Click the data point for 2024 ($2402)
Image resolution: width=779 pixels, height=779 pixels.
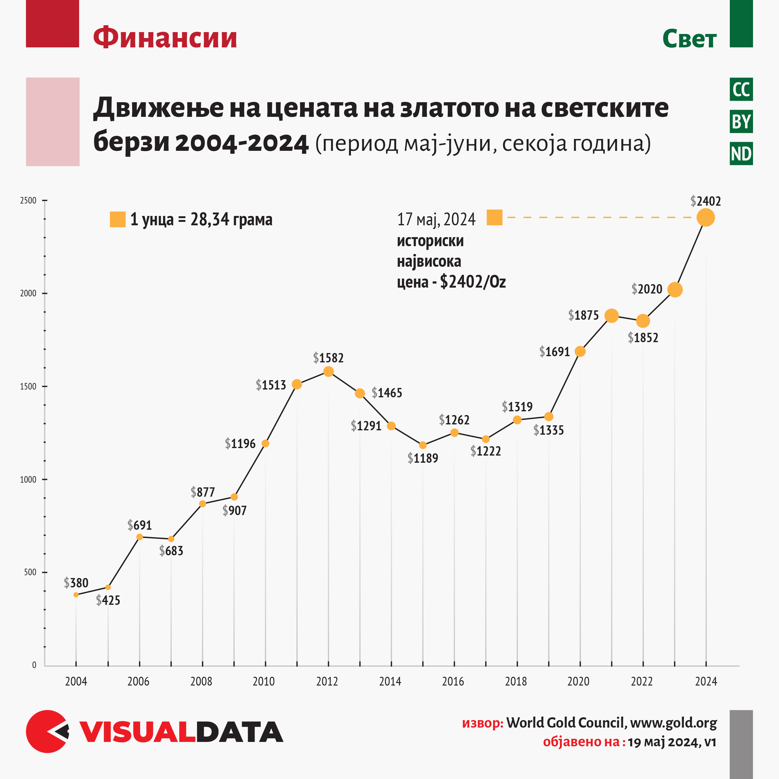(x=705, y=218)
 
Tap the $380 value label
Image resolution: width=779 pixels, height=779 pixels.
(x=76, y=583)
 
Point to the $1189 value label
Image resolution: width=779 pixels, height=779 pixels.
(x=423, y=458)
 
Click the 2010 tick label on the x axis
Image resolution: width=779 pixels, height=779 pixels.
(x=264, y=681)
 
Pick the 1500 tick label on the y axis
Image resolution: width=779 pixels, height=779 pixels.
(x=28, y=386)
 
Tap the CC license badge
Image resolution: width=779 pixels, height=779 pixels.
(x=741, y=89)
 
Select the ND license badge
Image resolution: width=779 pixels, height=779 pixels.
(x=741, y=154)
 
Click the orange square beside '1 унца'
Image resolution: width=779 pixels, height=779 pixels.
(x=118, y=219)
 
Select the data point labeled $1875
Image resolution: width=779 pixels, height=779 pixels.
(x=612, y=316)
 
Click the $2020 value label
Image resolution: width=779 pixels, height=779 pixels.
(x=647, y=289)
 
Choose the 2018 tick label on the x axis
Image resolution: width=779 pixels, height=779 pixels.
(x=516, y=681)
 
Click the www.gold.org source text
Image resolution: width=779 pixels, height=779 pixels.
(x=673, y=723)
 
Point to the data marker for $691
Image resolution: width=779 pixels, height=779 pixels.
(x=140, y=537)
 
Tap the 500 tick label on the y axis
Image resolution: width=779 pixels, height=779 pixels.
(x=30, y=572)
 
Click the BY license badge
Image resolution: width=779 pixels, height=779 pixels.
(x=741, y=121)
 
